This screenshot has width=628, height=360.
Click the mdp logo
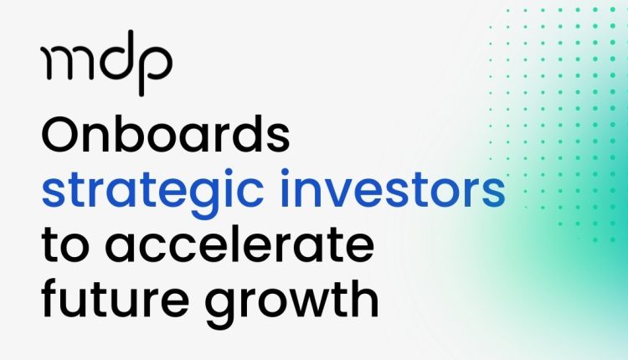pos(106,63)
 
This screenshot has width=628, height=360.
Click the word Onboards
pos(166,133)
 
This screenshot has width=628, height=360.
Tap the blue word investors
pos(393,188)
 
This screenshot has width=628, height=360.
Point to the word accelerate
pos(239,243)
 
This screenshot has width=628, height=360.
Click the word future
pos(116,297)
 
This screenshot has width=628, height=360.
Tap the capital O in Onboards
pos(61,134)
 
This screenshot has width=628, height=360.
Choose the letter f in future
pos(51,297)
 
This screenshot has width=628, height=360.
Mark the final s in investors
pos(493,194)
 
